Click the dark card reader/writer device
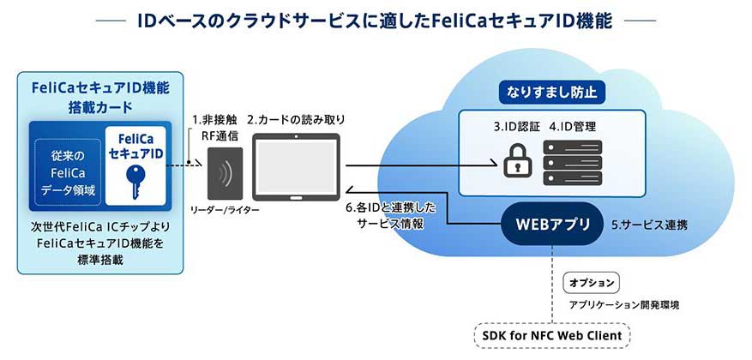225,172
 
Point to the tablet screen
295,167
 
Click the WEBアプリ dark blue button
552,226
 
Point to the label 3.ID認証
516,126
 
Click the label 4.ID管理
570,126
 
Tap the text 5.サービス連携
649,227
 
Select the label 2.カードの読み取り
296,119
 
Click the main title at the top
376,21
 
